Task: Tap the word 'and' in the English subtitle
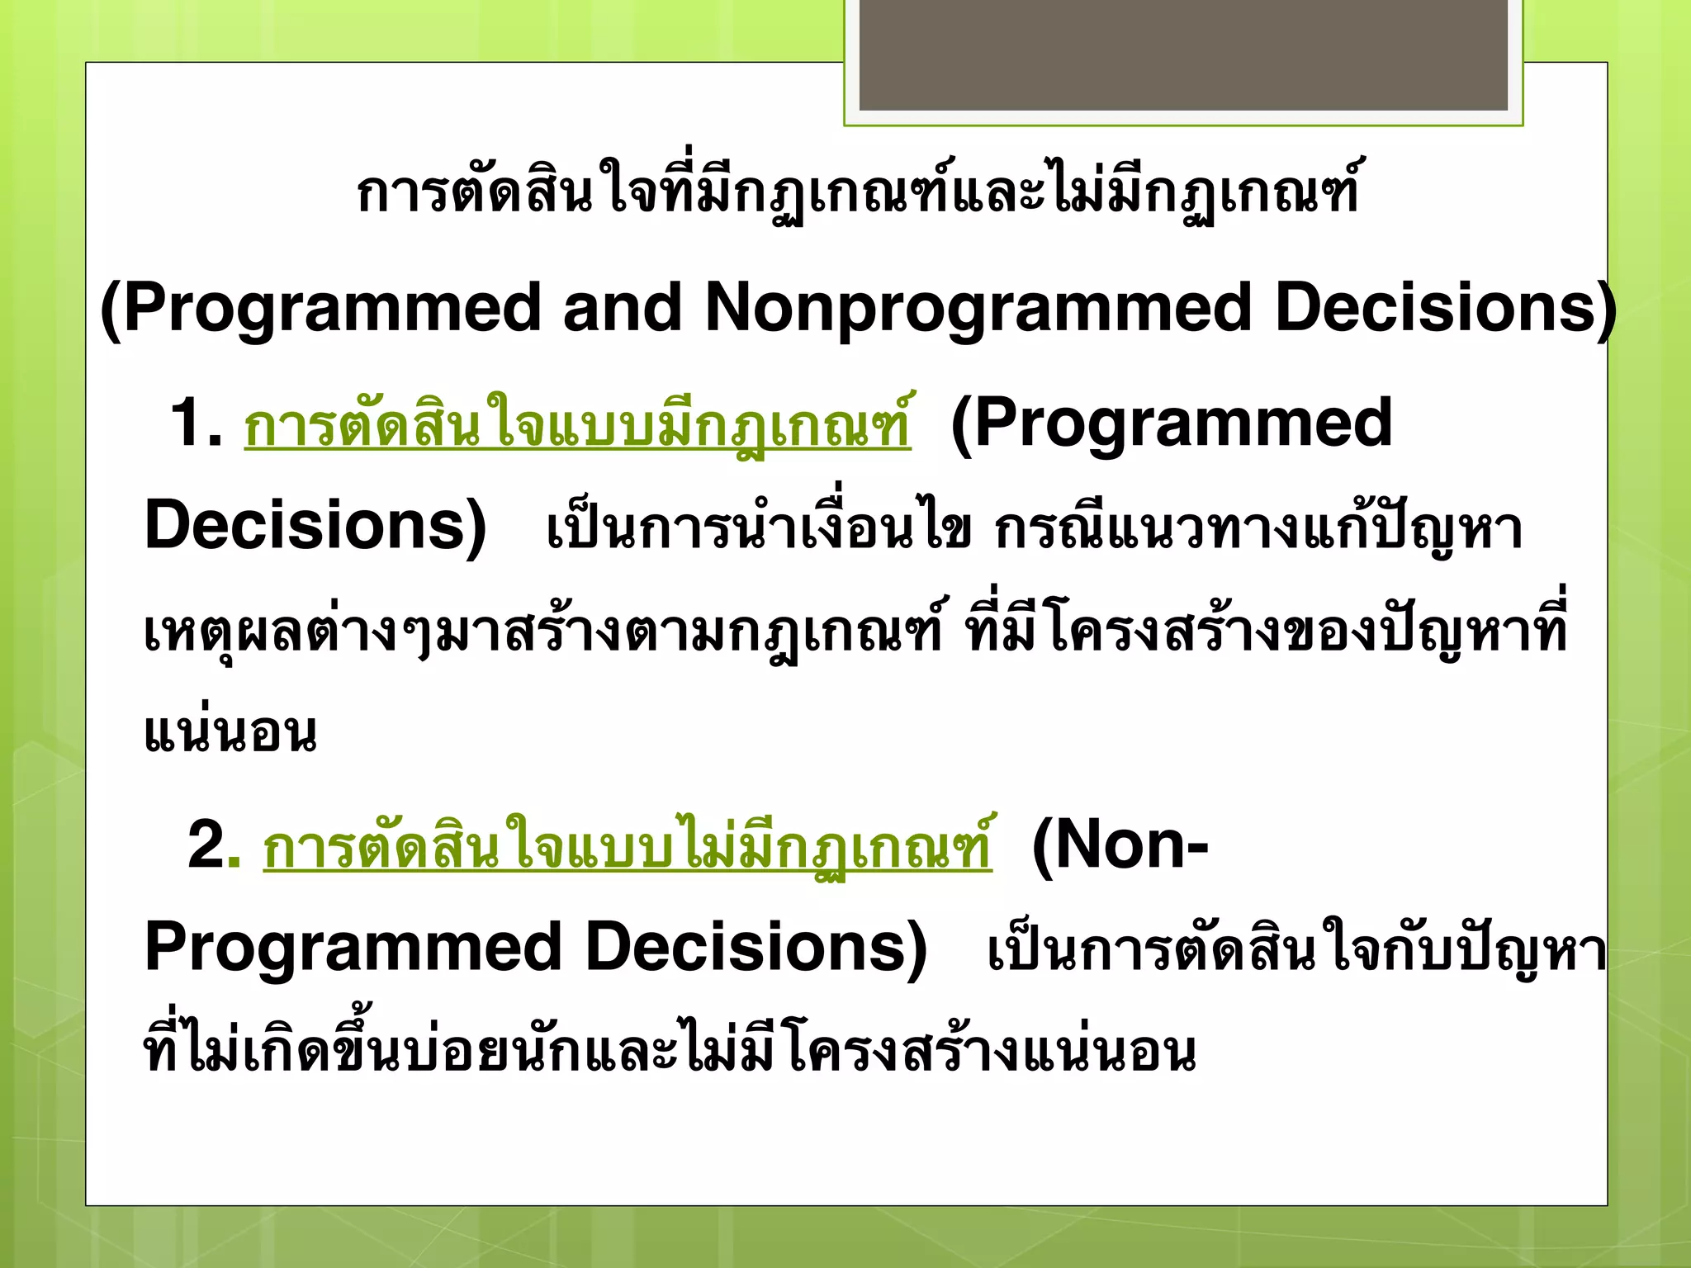621,307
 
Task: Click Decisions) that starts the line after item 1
315,526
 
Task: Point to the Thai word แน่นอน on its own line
230,733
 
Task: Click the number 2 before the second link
205,845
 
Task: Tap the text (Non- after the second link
1120,845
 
